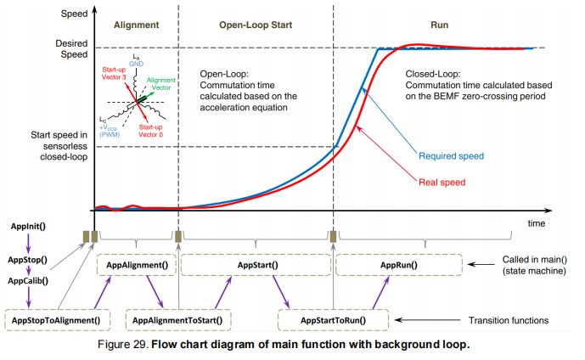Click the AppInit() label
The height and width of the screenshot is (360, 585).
point(28,227)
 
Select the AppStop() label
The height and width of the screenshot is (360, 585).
point(27,259)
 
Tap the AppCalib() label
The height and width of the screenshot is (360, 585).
point(28,280)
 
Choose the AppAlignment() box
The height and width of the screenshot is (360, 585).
point(137,265)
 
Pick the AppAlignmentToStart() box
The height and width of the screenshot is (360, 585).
point(178,320)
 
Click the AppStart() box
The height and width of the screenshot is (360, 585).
point(253,265)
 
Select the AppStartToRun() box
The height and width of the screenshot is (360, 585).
point(333,320)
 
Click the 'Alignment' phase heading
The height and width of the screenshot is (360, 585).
point(136,25)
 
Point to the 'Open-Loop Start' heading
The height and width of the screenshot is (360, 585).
point(256,25)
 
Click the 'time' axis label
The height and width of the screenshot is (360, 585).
point(535,223)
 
